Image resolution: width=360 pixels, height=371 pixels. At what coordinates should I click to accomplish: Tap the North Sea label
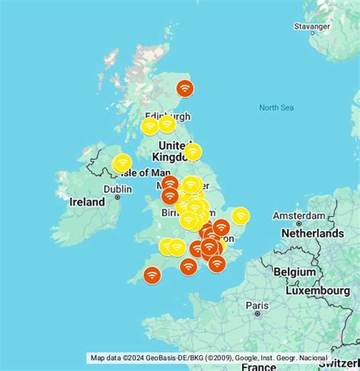pos(276,108)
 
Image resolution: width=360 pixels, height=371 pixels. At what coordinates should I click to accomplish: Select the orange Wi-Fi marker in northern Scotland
pos(185,89)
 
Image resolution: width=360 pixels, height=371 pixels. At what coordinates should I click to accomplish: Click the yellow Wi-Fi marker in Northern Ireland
pos(122,163)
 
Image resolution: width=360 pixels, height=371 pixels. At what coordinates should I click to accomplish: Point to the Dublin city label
pos(117,189)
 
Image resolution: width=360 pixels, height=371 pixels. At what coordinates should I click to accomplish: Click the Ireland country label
pos(87,203)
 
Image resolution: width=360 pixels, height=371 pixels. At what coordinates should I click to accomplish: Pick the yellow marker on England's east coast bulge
pos(240,216)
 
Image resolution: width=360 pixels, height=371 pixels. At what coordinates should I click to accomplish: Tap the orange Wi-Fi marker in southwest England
pos(152,275)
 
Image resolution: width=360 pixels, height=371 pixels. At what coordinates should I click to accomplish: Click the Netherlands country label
pos(313,234)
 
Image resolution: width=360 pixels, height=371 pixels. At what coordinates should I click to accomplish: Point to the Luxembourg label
pos(317,291)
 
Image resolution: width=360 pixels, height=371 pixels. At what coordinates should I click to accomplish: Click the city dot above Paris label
pos(257,312)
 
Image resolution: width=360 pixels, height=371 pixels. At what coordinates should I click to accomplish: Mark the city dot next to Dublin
pos(117,197)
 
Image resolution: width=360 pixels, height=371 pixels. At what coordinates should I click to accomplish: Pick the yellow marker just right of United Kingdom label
pos(193,152)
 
